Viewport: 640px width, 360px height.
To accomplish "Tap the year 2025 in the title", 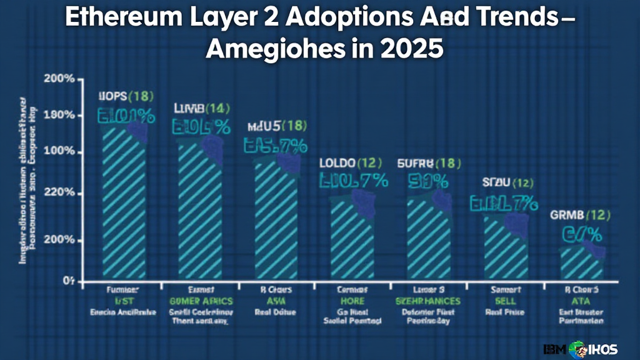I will pyautogui.click(x=413, y=48).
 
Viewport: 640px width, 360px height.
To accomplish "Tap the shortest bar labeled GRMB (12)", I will pyautogui.click(x=581, y=262).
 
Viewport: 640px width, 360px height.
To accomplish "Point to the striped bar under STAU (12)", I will pyautogui.click(x=506, y=247).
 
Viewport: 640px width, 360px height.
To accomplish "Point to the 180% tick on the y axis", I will pyautogui.click(x=61, y=116).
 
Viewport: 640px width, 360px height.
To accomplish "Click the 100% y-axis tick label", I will pyautogui.click(x=61, y=152).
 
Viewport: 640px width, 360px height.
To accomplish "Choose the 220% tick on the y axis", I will pyautogui.click(x=61, y=194).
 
